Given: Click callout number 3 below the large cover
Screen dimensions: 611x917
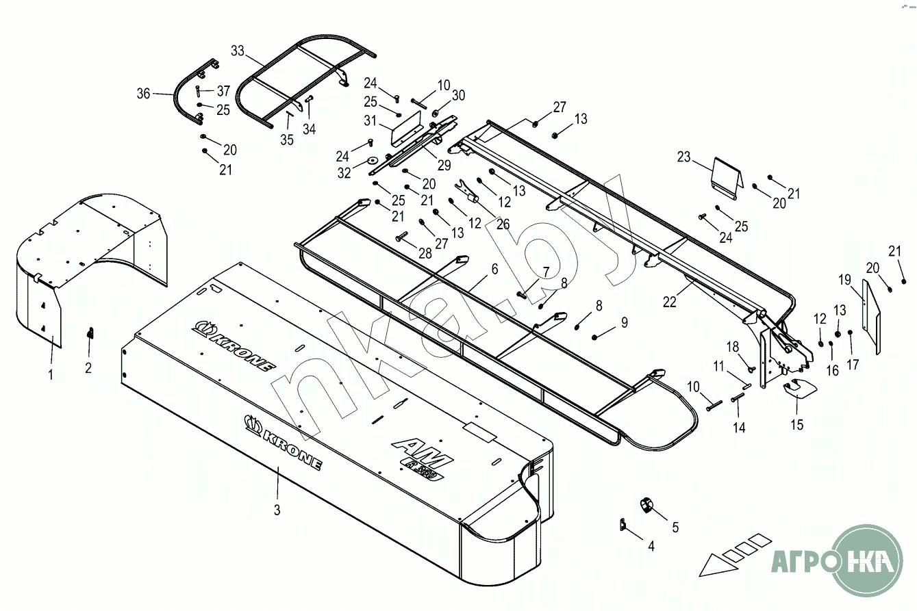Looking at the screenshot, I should point(277,510).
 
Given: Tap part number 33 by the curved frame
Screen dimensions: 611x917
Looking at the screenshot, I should point(238,51).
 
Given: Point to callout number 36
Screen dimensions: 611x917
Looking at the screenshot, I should point(143,94).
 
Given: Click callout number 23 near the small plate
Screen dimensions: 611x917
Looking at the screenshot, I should point(684,157).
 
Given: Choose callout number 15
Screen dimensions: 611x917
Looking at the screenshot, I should point(796,424).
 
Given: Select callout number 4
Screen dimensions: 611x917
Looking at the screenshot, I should point(651,546).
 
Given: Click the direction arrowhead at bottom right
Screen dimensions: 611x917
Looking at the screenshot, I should point(712,565).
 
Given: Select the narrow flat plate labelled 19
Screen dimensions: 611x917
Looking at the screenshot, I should point(870,317).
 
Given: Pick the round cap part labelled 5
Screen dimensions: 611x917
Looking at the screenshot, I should point(646,506).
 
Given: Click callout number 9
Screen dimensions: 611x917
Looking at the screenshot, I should point(624,322).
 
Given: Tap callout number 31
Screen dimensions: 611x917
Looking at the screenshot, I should point(370,120).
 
